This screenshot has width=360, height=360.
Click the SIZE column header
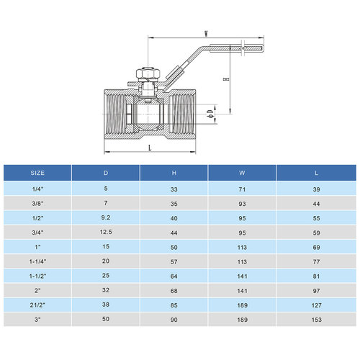(37, 173)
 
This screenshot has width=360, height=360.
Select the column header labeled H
(174, 173)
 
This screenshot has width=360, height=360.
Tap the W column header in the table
(242, 173)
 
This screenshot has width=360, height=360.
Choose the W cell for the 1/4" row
(242, 188)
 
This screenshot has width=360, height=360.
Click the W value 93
(242, 203)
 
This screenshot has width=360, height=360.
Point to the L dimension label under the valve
(149, 147)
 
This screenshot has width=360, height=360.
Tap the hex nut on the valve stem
(145, 74)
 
